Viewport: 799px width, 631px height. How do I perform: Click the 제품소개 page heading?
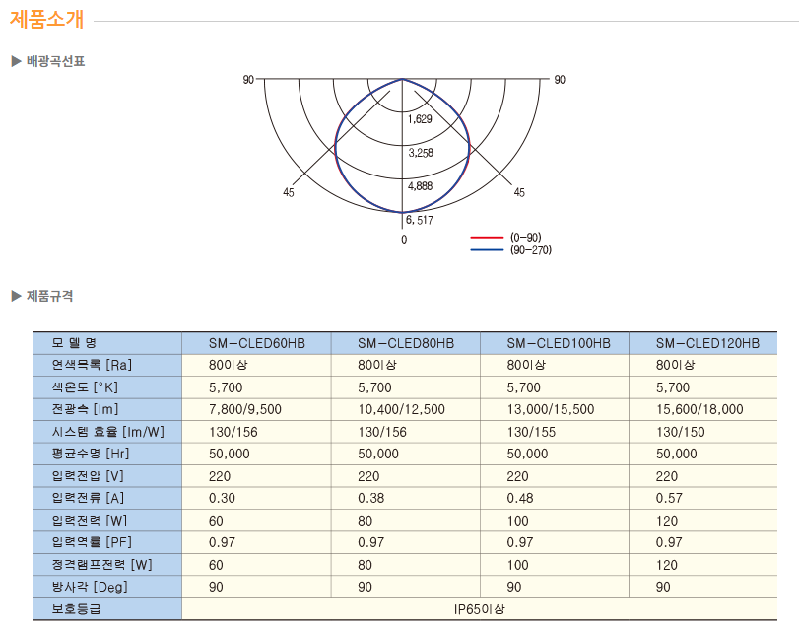pyautogui.click(x=47, y=20)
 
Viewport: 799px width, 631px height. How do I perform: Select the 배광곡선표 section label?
pyautogui.click(x=55, y=62)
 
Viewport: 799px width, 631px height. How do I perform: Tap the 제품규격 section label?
pyautogui.click(x=49, y=296)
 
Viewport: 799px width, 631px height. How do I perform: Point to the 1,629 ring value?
pyautogui.click(x=420, y=119)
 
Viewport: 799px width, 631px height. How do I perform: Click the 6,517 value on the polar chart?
pyautogui.click(x=420, y=220)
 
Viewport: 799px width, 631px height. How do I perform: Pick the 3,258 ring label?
pyautogui.click(x=421, y=153)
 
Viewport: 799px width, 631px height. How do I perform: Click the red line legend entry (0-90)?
pyautogui.click(x=506, y=238)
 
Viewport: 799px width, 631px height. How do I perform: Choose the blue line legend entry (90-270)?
pyautogui.click(x=511, y=250)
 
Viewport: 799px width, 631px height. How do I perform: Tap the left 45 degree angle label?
pyautogui.click(x=289, y=192)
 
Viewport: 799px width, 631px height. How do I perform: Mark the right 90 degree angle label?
pyautogui.click(x=560, y=80)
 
